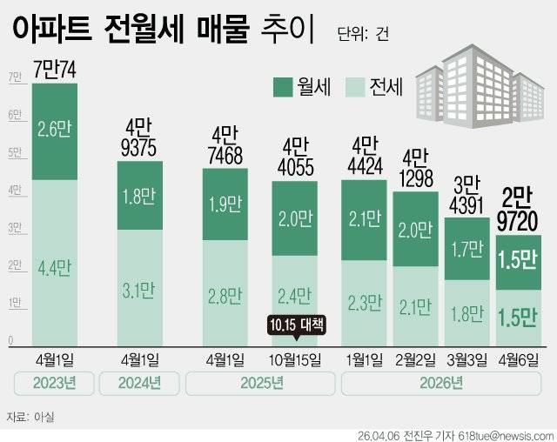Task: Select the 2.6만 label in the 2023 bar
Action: pos(54,131)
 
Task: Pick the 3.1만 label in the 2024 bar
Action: pos(139,284)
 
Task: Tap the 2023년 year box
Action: pos(54,384)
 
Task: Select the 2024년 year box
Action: pos(139,384)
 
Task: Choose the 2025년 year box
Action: pos(258,384)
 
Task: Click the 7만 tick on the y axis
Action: pos(14,77)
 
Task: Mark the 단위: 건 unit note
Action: pos(363,34)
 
